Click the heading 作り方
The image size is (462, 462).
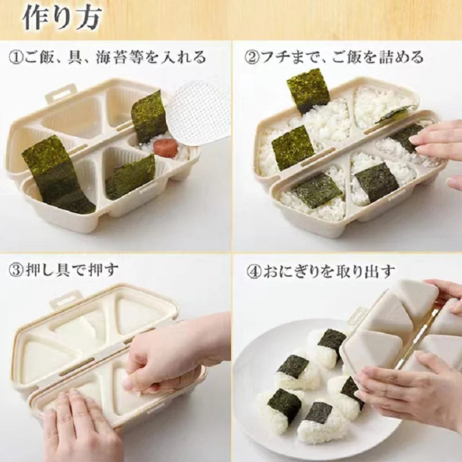pyautogui.click(x=62, y=18)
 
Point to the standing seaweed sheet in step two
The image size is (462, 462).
pyautogui.click(x=308, y=90)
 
